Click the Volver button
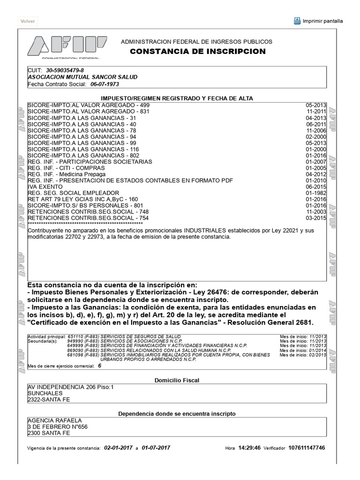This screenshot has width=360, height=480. (28, 21)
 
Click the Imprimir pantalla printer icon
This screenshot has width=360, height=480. (297, 21)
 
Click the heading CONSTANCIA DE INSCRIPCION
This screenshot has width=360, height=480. (197, 52)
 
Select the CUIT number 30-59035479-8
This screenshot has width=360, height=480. (65, 70)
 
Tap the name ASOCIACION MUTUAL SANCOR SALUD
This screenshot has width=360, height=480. (82, 77)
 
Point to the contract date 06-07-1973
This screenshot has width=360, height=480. (105, 84)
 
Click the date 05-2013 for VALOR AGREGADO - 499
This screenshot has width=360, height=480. (315, 105)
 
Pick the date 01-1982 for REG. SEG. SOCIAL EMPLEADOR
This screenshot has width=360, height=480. (315, 193)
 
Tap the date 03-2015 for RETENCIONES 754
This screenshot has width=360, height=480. (315, 218)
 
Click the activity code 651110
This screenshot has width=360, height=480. (76, 337)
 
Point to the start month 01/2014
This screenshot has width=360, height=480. (317, 351)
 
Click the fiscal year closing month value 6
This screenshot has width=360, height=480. (99, 366)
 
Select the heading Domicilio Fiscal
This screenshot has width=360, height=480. (177, 380)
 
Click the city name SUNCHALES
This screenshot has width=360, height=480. (45, 393)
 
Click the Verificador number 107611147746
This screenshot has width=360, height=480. (307, 448)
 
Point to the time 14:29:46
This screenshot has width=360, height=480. (249, 448)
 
